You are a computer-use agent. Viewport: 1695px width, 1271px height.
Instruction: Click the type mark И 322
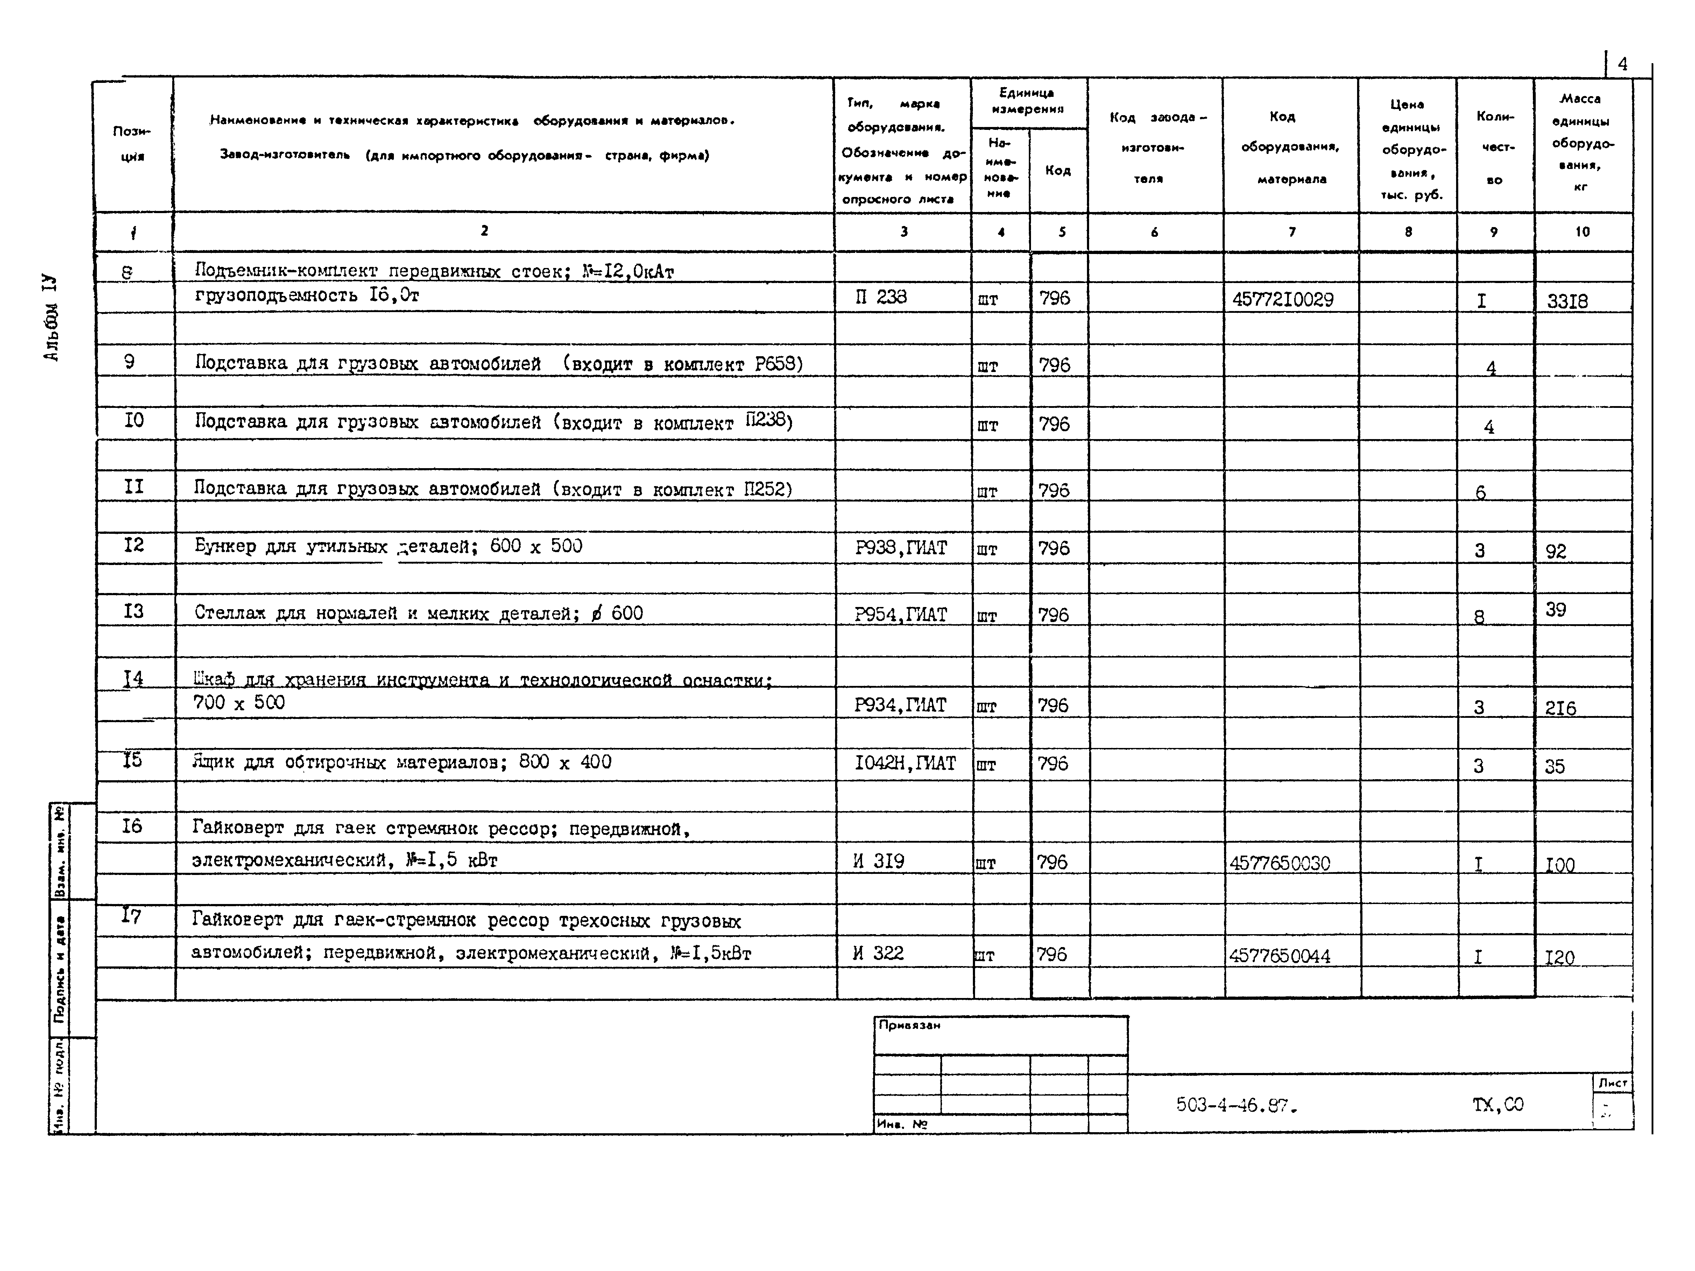878,953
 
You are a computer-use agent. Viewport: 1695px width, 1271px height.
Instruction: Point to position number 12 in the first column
133,545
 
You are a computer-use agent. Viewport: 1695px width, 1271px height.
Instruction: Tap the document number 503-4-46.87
1236,1105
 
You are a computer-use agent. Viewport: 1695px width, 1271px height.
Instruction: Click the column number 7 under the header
1292,231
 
